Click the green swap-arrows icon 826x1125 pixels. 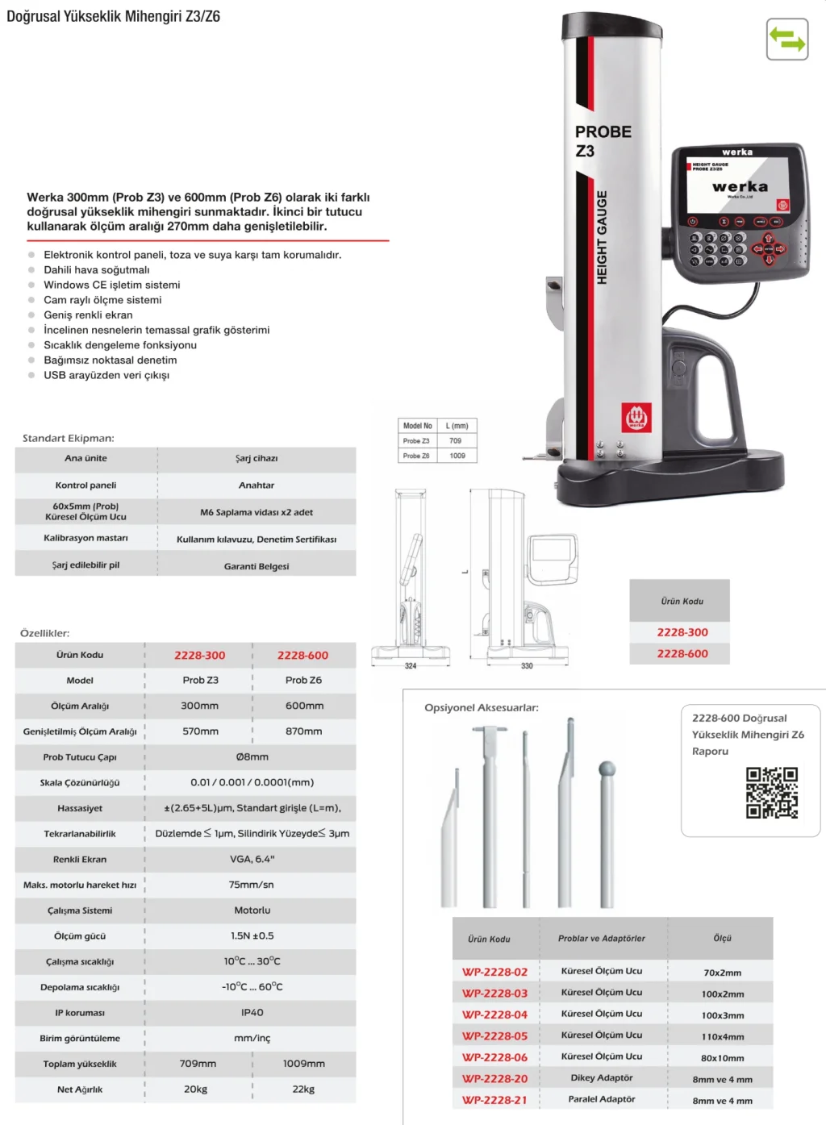coord(786,40)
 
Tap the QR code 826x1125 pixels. coord(771,792)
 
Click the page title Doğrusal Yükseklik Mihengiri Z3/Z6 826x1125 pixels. coord(114,16)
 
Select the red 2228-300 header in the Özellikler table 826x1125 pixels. coord(199,656)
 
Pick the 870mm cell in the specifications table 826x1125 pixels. coord(303,731)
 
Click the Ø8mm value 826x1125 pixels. coord(252,757)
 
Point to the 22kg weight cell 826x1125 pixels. coord(303,1090)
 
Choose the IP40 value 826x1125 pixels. coord(252,1013)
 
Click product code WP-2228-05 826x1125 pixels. coord(494,1036)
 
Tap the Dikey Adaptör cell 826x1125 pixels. coord(602,1078)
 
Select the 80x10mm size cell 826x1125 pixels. coord(723,1058)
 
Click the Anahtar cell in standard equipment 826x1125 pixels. coord(257,485)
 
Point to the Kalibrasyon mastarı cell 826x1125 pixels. coord(86,538)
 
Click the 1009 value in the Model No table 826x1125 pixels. coord(457,456)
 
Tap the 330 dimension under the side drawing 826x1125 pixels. coord(527,666)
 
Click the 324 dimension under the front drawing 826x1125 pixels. coord(411,666)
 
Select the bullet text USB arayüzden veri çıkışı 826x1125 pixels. coord(106,375)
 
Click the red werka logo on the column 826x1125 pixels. coord(636,418)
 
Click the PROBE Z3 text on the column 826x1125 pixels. coord(602,141)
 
